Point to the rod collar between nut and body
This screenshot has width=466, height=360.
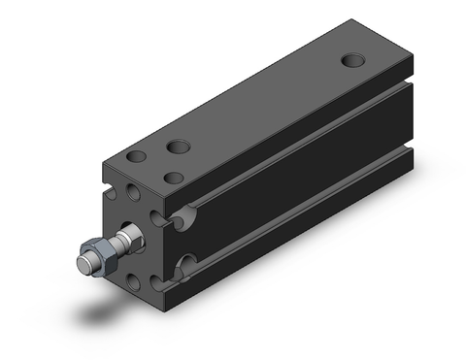(126, 236)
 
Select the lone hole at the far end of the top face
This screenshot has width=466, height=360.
(354, 61)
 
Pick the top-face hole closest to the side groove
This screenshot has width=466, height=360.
(175, 178)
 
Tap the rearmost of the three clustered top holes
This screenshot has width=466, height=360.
(178, 147)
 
